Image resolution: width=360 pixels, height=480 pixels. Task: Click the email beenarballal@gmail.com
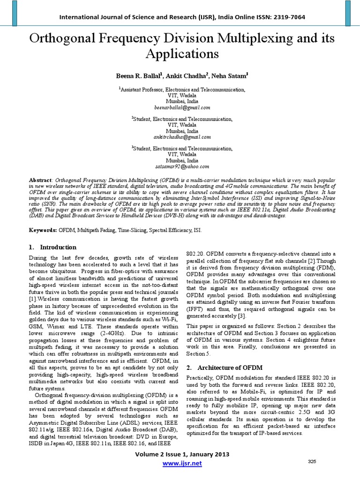180,107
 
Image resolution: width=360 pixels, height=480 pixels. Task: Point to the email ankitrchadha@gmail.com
180,137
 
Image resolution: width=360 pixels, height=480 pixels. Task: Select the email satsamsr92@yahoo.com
180,166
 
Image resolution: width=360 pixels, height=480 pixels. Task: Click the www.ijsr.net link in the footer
181,464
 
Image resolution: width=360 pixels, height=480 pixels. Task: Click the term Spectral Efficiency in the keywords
186,231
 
